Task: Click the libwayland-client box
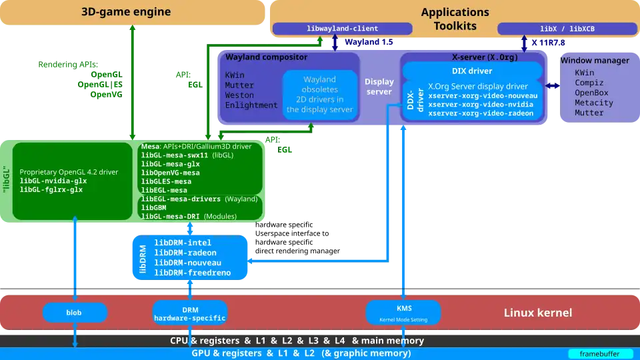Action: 343,29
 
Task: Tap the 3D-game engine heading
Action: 126,12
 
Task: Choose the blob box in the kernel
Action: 74,312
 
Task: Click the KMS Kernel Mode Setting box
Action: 404,312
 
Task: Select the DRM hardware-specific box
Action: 190,312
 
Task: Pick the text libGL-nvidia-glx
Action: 53,181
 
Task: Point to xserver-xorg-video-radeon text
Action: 481,113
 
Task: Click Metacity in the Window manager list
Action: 594,103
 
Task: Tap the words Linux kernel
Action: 537,313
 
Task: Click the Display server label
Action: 379,87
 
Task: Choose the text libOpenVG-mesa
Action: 171,173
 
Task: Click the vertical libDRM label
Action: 143,258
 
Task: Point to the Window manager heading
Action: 594,61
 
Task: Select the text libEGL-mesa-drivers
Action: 180,199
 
